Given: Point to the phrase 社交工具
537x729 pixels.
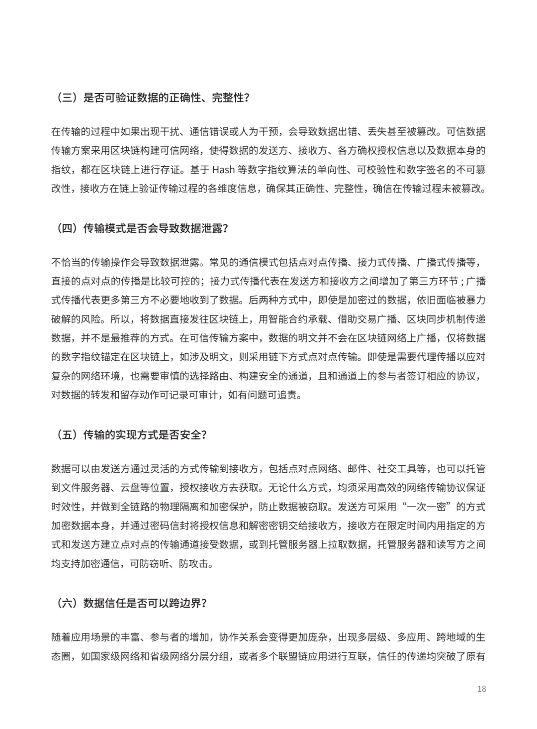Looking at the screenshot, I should pos(395,469).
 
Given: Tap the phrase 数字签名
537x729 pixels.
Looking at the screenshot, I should pos(423,170).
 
